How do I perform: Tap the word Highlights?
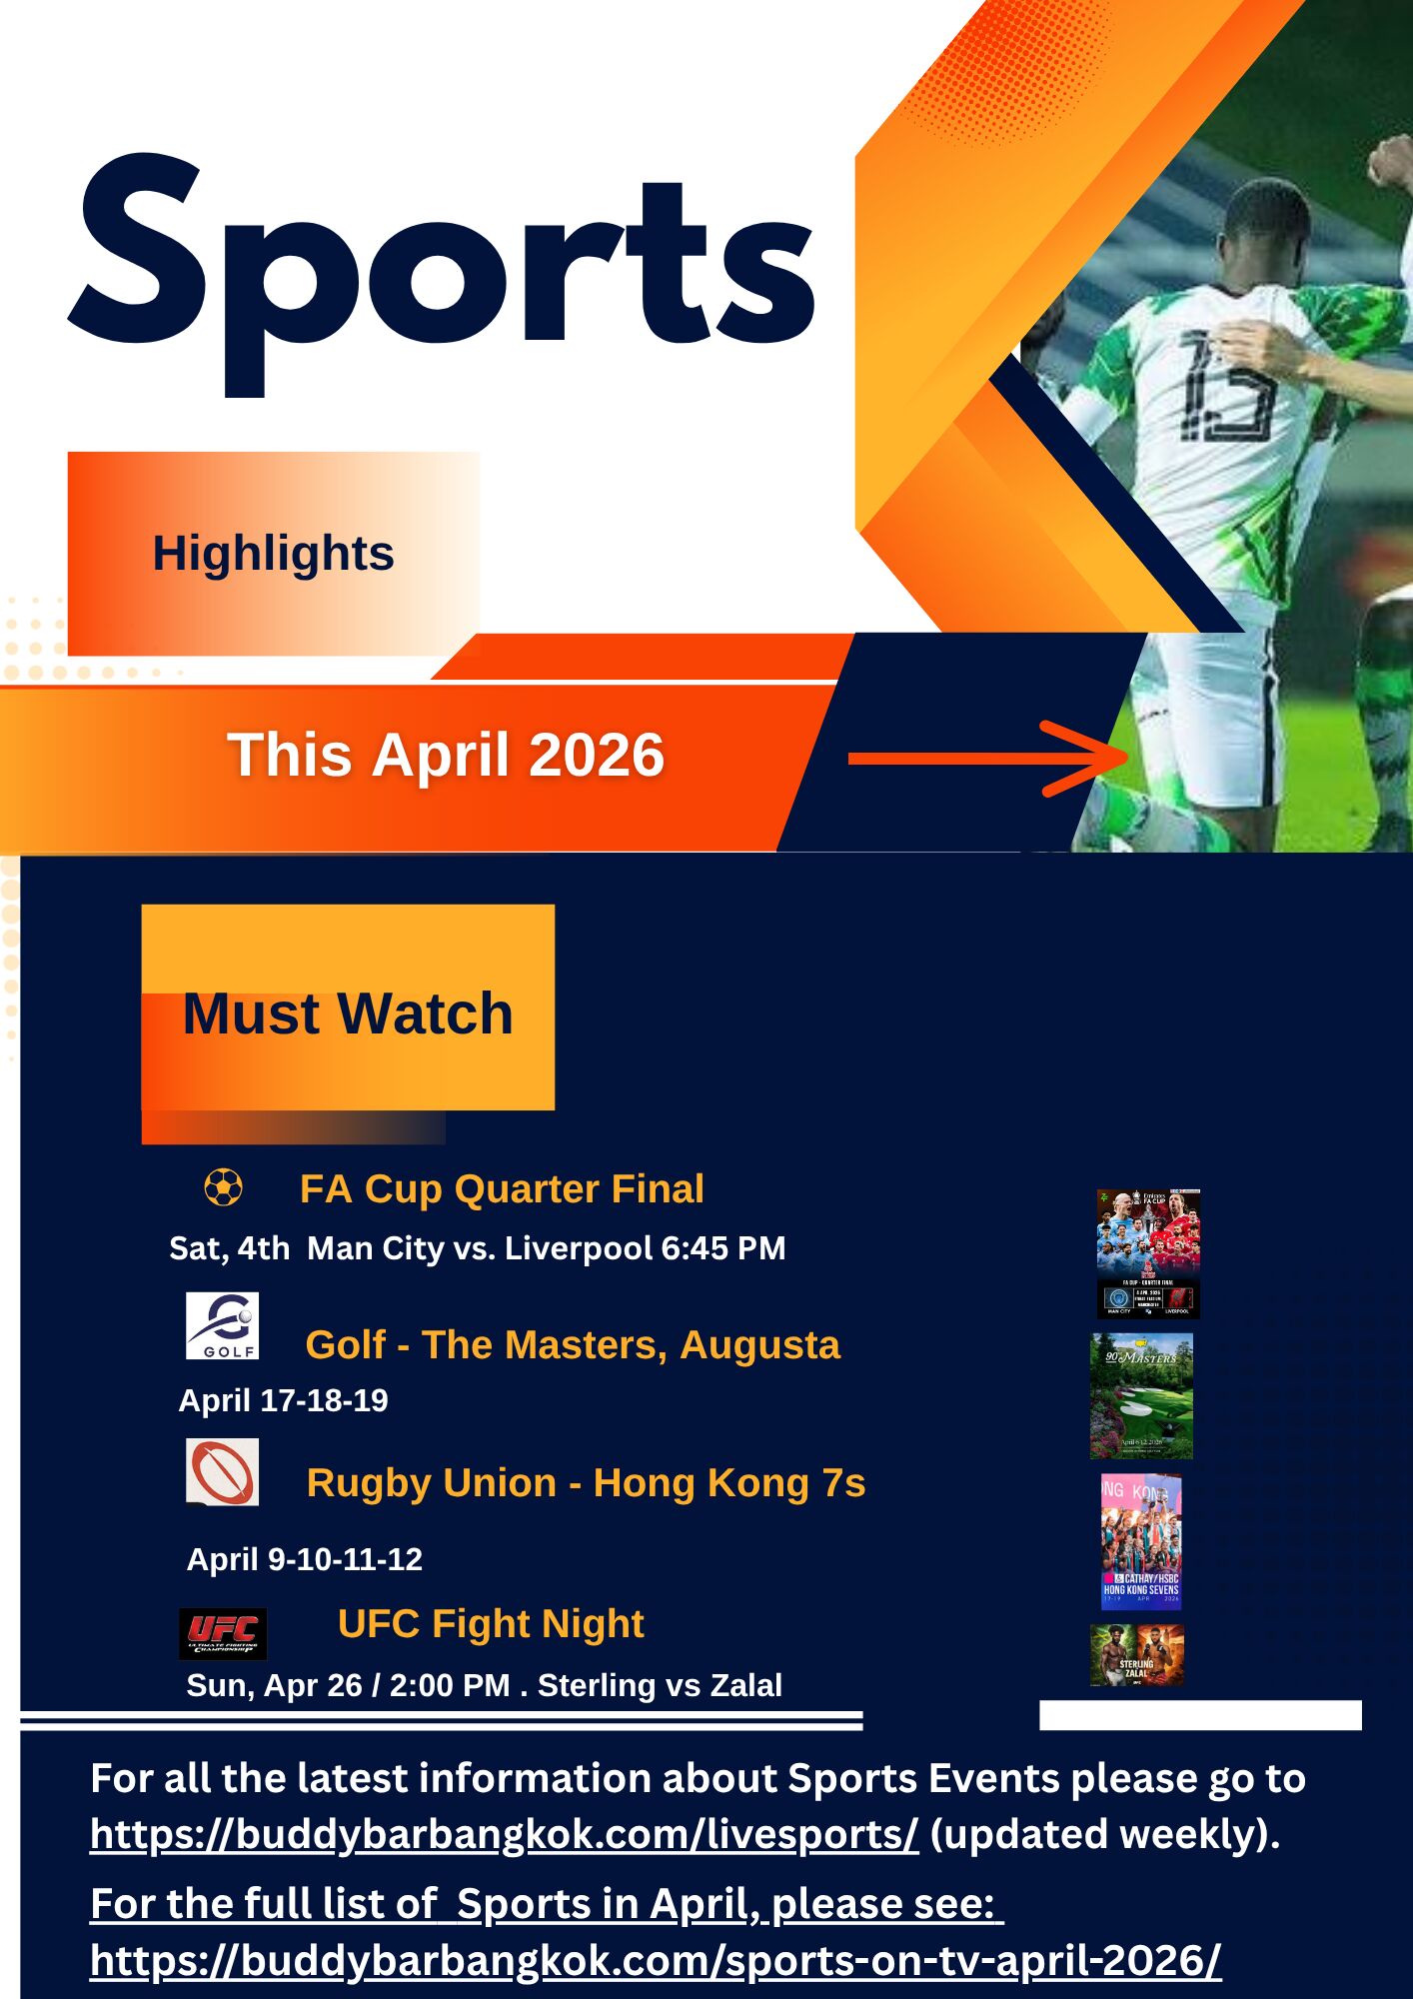[273, 553]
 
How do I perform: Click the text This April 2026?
[446, 755]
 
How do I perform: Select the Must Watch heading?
[348, 1013]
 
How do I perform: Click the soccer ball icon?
[223, 1188]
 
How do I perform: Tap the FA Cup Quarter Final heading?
[502, 1189]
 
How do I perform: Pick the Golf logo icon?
[222, 1325]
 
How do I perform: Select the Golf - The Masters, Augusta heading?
[573, 1345]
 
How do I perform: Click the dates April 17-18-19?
[283, 1401]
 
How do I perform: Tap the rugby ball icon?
[222, 1472]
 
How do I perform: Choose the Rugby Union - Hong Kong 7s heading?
[586, 1483]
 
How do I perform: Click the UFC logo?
[222, 1633]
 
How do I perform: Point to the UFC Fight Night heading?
[491, 1624]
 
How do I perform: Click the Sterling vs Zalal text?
[660, 1686]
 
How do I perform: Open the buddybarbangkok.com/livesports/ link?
[504, 1835]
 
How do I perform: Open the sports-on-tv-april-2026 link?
[656, 1961]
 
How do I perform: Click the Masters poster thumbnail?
[1141, 1396]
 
